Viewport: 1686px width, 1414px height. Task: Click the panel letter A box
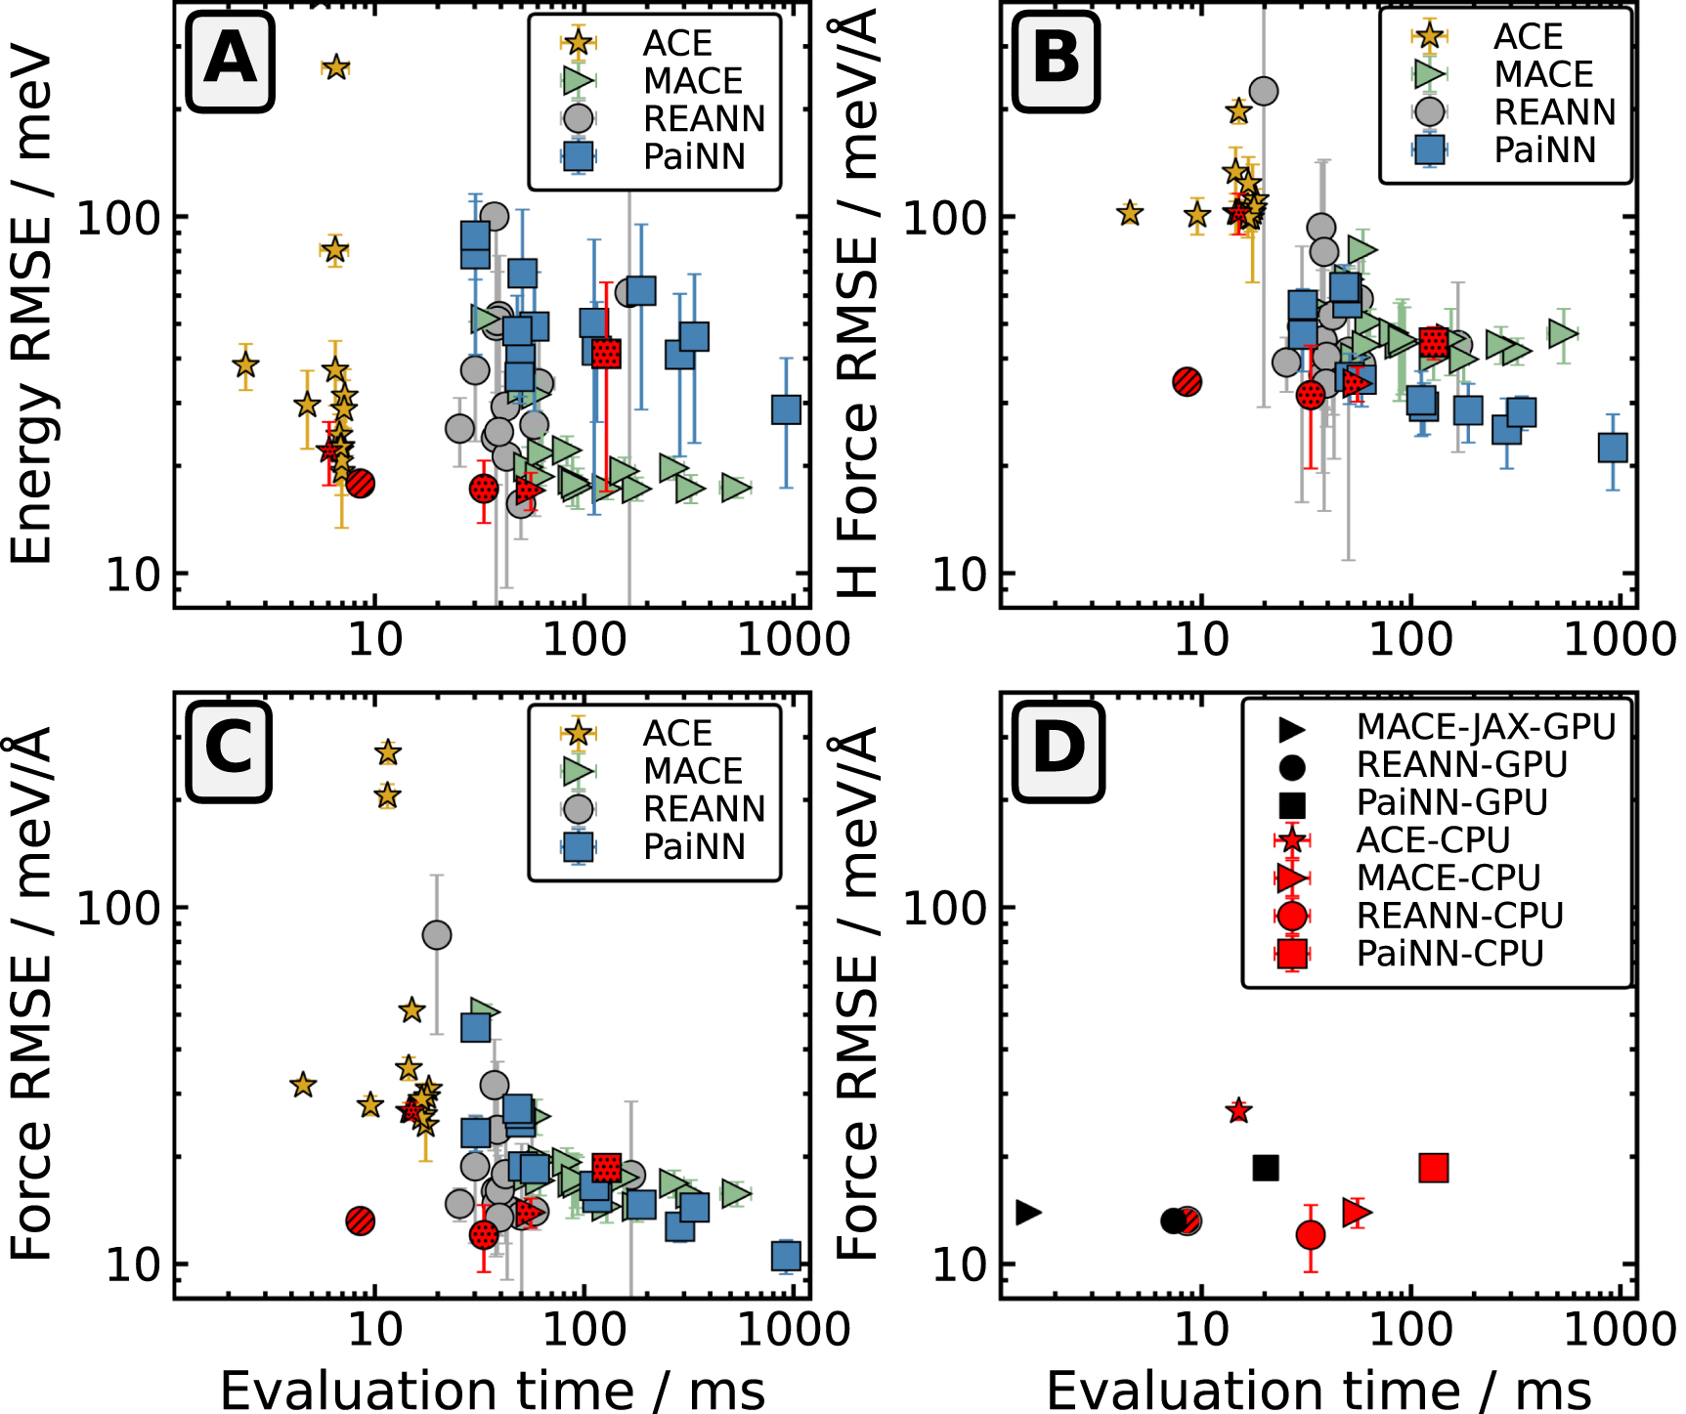[230, 61]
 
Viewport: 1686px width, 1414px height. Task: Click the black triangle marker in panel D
[1028, 1213]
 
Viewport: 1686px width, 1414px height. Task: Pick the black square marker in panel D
[1266, 1167]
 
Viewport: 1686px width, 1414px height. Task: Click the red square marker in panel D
[1433, 1167]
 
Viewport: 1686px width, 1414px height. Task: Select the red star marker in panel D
[1239, 1111]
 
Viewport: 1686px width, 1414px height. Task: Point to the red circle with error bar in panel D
[1311, 1235]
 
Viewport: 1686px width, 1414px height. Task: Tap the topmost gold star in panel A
[335, 67]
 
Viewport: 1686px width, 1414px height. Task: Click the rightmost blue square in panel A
[786, 409]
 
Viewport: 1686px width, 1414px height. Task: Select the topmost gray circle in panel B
[1263, 91]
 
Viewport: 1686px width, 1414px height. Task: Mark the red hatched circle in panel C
[361, 1220]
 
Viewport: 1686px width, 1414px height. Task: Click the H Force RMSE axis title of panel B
[857, 303]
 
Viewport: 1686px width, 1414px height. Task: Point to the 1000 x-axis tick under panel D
[1620, 1328]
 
